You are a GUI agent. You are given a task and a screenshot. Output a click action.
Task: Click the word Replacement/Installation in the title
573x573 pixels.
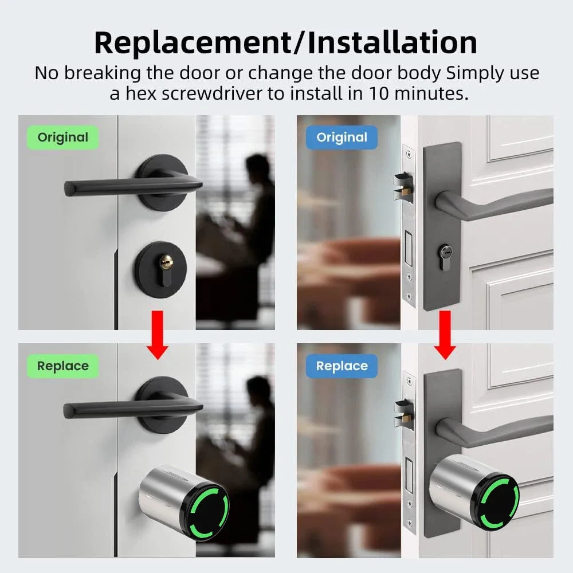click(x=285, y=42)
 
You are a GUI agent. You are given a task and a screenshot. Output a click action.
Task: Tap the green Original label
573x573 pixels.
click(x=62, y=138)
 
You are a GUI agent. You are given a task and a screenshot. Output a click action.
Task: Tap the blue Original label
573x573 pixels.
click(x=342, y=138)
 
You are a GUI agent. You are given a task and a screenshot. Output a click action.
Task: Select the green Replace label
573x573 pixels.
click(x=62, y=366)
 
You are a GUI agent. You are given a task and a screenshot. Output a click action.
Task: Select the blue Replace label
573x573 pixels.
click(x=342, y=366)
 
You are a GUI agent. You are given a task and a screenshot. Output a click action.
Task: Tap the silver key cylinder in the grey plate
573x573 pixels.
click(x=445, y=252)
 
